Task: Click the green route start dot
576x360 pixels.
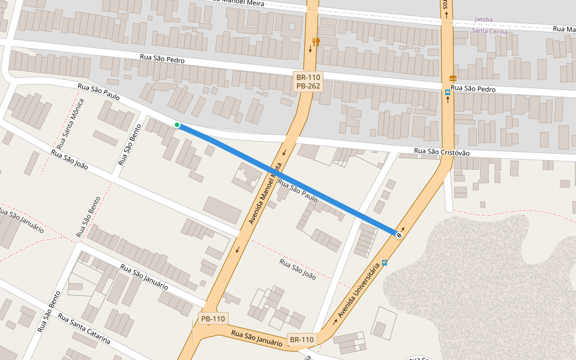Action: [177, 125]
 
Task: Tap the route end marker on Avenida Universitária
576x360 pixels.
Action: [399, 235]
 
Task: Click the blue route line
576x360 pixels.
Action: [288, 179]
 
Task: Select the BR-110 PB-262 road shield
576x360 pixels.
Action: [308, 82]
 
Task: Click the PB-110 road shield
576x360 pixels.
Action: [213, 319]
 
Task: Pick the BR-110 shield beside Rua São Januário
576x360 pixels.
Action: [302, 340]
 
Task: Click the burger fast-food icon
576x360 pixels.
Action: [452, 79]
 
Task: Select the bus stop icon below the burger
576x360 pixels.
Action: [448, 92]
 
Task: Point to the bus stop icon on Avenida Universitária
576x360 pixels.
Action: [385, 262]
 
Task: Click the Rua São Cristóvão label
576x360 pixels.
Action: [442, 152]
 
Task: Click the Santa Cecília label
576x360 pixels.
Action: [490, 31]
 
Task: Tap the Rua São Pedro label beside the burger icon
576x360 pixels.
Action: [473, 89]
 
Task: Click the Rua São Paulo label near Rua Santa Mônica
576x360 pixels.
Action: [98, 92]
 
